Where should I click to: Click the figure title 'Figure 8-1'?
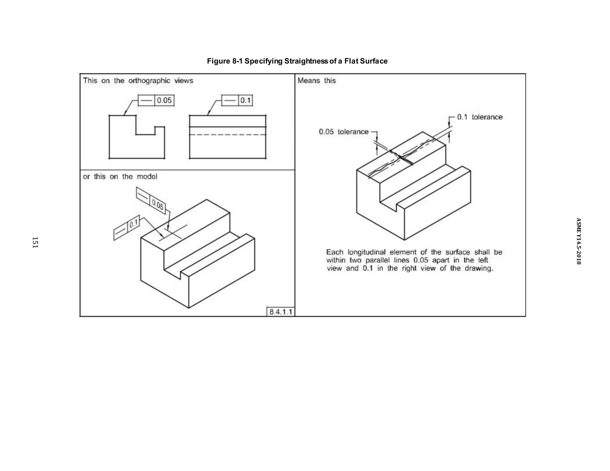click(225, 61)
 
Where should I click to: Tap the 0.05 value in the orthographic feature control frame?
click(164, 100)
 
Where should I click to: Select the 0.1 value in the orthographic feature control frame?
click(245, 100)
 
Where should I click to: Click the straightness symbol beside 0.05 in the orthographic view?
click(146, 101)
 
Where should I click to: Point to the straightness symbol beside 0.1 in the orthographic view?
click(230, 101)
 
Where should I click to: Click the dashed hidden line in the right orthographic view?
click(228, 135)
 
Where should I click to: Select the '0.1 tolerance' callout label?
click(480, 117)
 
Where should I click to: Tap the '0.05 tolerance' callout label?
click(343, 132)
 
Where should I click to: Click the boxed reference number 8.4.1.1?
click(281, 312)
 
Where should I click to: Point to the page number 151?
click(35, 242)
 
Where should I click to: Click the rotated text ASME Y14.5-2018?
click(578, 241)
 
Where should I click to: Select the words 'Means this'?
click(316, 81)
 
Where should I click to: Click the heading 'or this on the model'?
click(120, 177)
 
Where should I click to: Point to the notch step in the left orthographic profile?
click(145, 134)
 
